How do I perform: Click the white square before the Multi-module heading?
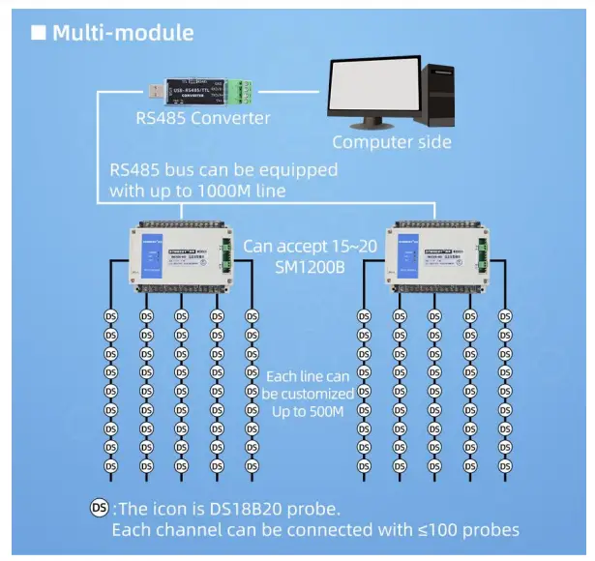pyautogui.click(x=39, y=33)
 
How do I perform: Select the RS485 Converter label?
pyautogui.click(x=203, y=119)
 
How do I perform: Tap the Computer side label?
pyautogui.click(x=392, y=142)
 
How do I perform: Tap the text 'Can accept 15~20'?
pyautogui.click(x=308, y=246)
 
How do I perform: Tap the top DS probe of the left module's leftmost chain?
pyautogui.click(x=111, y=316)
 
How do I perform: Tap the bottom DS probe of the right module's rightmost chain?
pyautogui.click(x=505, y=466)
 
